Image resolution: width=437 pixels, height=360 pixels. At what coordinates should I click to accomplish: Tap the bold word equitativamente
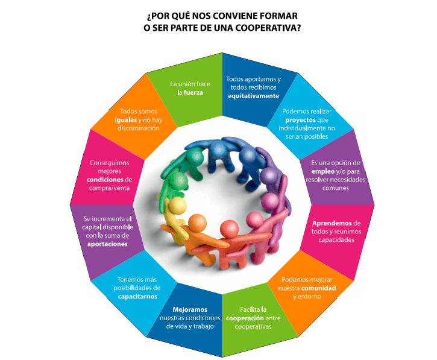(x=253, y=96)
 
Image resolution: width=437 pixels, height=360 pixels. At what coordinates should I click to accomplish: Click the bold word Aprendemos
(x=332, y=223)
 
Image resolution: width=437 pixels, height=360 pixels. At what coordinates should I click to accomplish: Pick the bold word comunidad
(x=318, y=288)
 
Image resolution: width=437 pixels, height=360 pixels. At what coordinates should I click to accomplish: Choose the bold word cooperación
(x=245, y=318)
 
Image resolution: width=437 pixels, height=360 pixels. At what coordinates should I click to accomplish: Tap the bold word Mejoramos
(x=190, y=309)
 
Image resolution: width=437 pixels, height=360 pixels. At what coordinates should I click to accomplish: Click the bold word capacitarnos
(x=137, y=297)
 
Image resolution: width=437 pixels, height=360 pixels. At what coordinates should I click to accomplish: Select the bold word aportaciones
(x=107, y=244)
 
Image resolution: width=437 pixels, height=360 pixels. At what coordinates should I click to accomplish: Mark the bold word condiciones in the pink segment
(x=105, y=180)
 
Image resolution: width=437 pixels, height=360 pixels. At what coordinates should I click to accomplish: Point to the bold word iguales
(x=126, y=120)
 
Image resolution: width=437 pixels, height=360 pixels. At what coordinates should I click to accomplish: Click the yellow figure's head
(x=178, y=206)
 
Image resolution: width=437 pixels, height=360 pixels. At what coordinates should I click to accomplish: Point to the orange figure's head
(x=197, y=223)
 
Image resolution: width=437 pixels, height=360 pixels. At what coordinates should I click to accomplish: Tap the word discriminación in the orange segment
(x=139, y=128)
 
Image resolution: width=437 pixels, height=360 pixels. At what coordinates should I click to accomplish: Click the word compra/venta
(x=109, y=188)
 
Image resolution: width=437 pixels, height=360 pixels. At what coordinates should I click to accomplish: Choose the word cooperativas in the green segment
(x=253, y=327)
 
